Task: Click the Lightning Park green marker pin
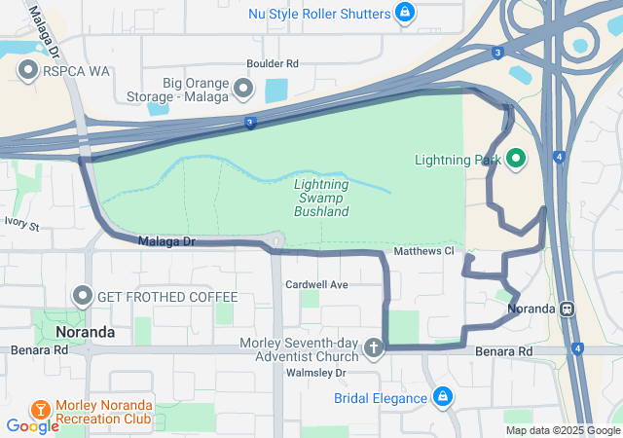(x=515, y=159)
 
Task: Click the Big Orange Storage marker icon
(x=242, y=90)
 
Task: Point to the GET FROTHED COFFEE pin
(x=82, y=296)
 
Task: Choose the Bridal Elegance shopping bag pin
(x=443, y=397)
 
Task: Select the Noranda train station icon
(x=566, y=310)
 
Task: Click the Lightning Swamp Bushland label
(x=321, y=197)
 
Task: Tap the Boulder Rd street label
(x=272, y=64)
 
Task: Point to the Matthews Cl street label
(x=423, y=251)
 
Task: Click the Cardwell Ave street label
(x=316, y=284)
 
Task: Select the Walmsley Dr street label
(x=313, y=372)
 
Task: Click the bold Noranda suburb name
(x=86, y=332)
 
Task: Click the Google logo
(x=33, y=425)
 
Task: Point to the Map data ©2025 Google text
(x=562, y=430)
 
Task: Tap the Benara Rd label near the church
(x=504, y=350)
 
